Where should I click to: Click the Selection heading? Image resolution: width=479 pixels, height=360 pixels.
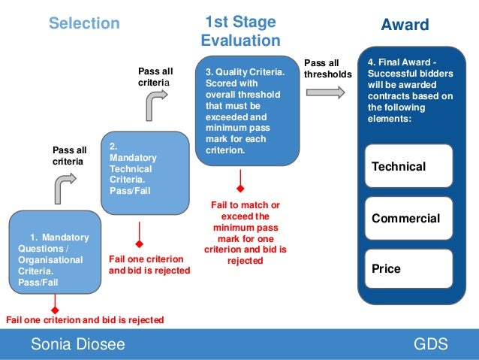pyautogui.click(x=84, y=23)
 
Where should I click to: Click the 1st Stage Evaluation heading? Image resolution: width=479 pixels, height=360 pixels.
pyautogui.click(x=240, y=31)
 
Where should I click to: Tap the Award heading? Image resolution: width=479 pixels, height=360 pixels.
pyautogui.click(x=405, y=25)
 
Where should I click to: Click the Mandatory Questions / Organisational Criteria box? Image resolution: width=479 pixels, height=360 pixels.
pyautogui.click(x=54, y=253)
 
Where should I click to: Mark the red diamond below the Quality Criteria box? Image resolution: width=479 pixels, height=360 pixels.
pyautogui.click(x=240, y=188)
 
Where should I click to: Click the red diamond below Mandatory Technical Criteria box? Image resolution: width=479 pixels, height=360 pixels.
pyautogui.click(x=139, y=244)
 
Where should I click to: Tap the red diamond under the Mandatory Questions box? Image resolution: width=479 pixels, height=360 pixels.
pyautogui.click(x=55, y=307)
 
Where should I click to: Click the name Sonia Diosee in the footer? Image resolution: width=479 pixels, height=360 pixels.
pyautogui.click(x=77, y=345)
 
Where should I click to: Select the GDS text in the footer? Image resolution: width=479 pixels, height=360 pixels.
pyautogui.click(x=430, y=345)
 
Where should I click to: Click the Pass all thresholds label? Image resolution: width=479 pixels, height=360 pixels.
pyautogui.click(x=327, y=69)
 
